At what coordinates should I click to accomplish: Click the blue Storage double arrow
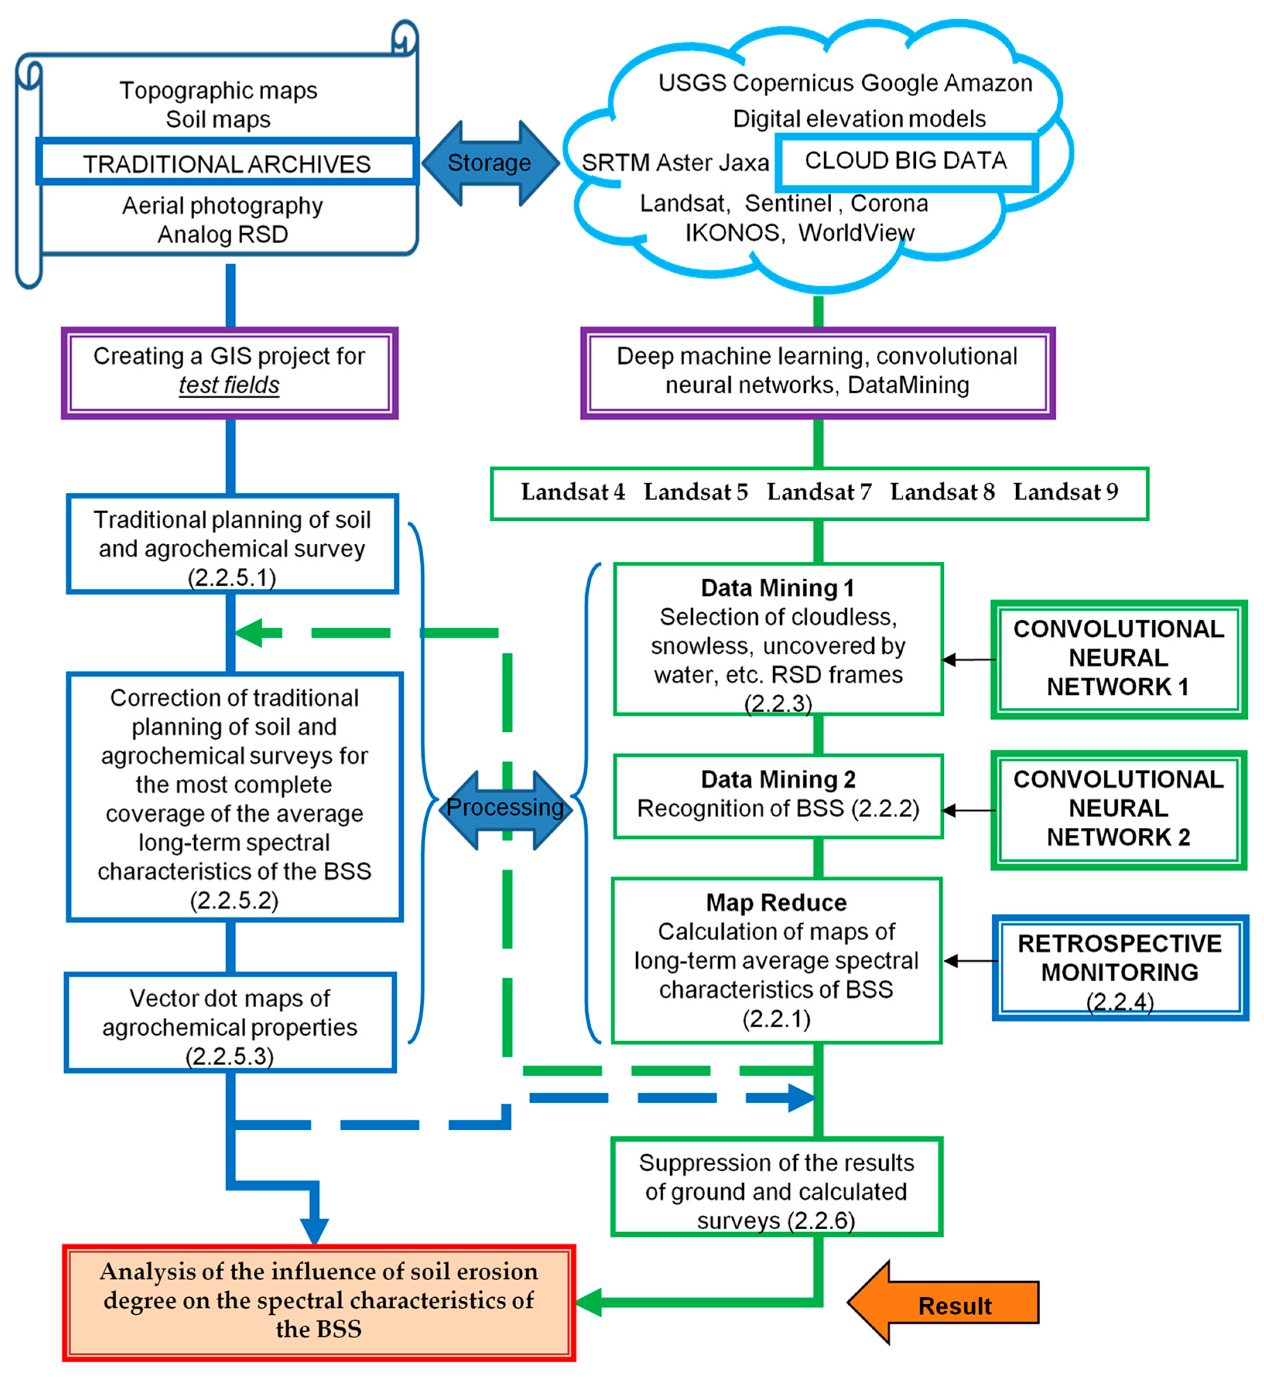click(x=490, y=163)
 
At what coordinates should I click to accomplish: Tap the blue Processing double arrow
click(x=505, y=810)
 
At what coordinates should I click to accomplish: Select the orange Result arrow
click(x=944, y=1302)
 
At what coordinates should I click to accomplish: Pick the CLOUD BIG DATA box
click(x=906, y=161)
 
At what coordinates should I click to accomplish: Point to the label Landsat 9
click(x=1065, y=492)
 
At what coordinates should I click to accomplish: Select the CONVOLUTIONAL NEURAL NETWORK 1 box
click(x=1119, y=659)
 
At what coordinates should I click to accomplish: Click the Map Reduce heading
click(x=777, y=902)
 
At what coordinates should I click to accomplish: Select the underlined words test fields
click(x=229, y=386)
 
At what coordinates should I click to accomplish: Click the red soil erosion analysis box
click(x=319, y=1302)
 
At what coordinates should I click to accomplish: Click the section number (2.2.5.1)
click(x=232, y=578)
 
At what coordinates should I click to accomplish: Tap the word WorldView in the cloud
click(x=856, y=232)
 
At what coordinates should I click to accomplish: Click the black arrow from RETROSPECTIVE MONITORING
click(x=971, y=961)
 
